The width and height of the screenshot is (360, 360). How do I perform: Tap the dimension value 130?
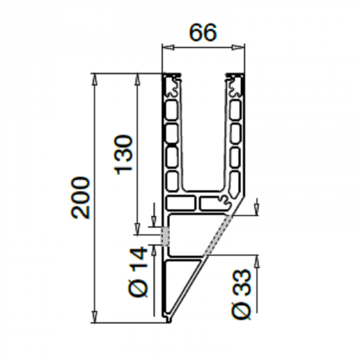pyautogui.click(x=124, y=154)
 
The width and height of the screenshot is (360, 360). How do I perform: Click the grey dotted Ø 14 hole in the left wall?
pyautogui.click(x=165, y=236)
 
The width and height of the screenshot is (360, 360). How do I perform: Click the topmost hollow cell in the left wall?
pyautogui.click(x=172, y=109)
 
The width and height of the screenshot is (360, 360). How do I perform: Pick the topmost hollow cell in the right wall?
pyautogui.click(x=235, y=109)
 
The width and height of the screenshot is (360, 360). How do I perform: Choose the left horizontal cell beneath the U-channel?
pyautogui.click(x=181, y=203)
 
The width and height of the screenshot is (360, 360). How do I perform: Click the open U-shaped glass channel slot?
pyautogui.click(x=204, y=134)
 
